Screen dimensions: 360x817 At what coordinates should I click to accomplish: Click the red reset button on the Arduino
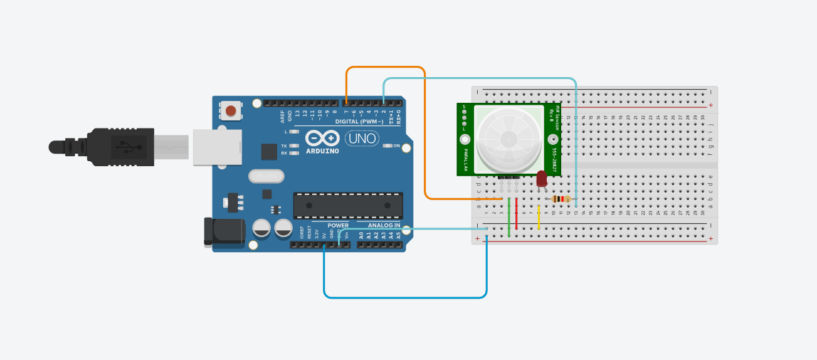231,111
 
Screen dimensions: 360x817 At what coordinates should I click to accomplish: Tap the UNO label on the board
362,138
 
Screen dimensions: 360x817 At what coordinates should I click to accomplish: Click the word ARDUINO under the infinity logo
322,151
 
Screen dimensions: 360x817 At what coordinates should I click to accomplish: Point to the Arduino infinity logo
322,138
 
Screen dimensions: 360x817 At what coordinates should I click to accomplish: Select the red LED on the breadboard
542,179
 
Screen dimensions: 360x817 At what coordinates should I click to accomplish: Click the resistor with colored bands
561,199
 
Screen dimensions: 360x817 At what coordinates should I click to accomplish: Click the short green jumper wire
509,220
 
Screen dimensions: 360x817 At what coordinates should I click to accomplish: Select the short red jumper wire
516,213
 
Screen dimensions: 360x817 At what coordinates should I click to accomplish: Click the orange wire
425,138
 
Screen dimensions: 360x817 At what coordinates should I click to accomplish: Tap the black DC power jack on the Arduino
224,231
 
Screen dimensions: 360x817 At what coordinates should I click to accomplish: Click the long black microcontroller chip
348,205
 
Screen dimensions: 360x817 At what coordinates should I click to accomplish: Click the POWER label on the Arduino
338,225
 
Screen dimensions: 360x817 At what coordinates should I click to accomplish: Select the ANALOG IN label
384,225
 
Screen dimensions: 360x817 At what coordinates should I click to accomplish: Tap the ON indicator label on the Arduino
396,146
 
